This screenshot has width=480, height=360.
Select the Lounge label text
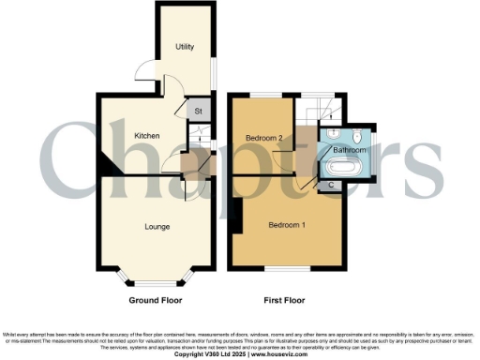[x=156, y=226]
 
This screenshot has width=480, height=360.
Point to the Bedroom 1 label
[x=287, y=226]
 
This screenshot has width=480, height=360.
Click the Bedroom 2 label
[x=264, y=138]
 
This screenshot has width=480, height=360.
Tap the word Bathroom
[x=350, y=149]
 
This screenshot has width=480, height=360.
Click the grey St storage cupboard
[x=198, y=111]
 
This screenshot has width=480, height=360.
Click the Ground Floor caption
[x=156, y=301]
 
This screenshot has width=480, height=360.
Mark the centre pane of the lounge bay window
[x=156, y=284]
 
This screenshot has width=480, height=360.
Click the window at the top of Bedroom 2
[x=263, y=96]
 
